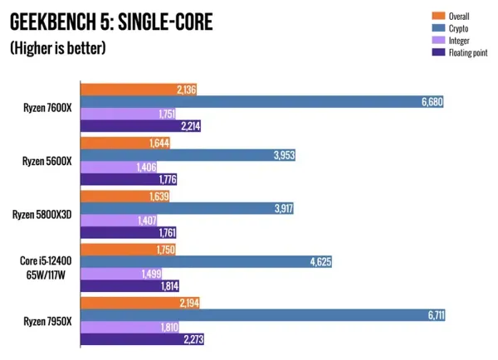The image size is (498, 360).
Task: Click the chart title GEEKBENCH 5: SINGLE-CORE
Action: pyautogui.click(x=110, y=21)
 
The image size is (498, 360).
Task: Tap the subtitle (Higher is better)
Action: pyautogui.click(x=58, y=48)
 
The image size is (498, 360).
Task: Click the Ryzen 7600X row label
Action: pyautogui.click(x=48, y=108)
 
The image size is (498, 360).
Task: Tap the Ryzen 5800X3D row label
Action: pyautogui.click(x=44, y=214)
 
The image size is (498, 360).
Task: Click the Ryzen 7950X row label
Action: pyautogui.click(x=48, y=320)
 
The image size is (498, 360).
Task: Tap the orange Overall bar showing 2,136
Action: pyautogui.click(x=138, y=89)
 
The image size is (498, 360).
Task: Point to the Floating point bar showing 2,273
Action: pyautogui.click(x=142, y=339)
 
